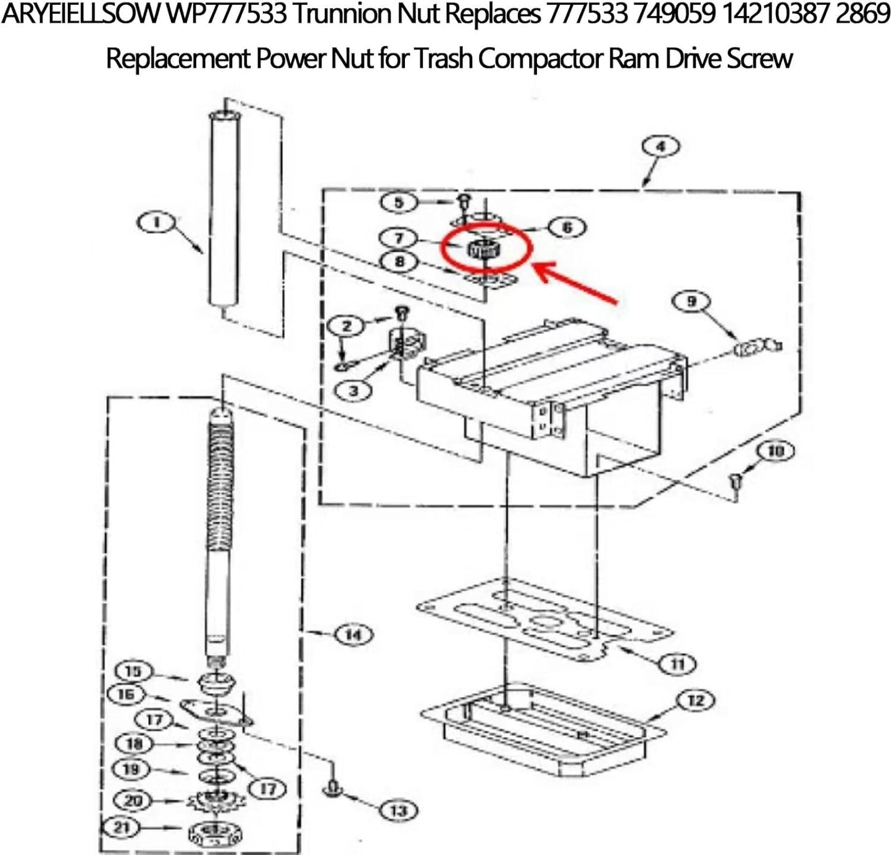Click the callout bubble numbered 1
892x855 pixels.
(x=156, y=222)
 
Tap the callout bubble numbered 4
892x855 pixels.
(x=660, y=147)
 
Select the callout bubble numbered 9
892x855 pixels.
(x=691, y=301)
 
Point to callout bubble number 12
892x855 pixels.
(x=696, y=701)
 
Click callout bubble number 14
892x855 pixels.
(x=353, y=635)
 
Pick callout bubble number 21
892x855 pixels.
(x=121, y=827)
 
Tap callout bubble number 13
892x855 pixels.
(x=399, y=810)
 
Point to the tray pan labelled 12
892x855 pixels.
(x=543, y=728)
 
